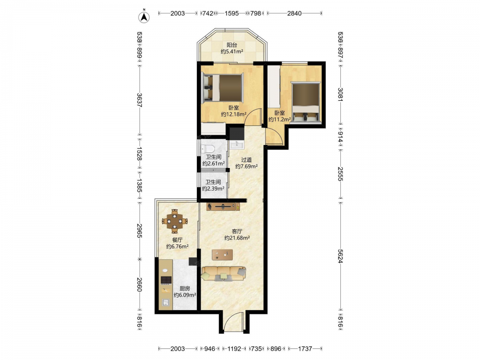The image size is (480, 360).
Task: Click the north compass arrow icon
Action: click(x=144, y=17)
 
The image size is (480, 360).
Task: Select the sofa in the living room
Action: click(x=224, y=274)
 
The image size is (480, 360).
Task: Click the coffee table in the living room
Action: click(x=222, y=255)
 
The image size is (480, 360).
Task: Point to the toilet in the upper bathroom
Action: click(x=208, y=149)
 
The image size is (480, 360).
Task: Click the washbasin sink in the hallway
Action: click(x=236, y=145)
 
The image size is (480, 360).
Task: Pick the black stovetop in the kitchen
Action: click(x=166, y=280)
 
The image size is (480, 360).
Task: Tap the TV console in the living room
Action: click(x=223, y=207)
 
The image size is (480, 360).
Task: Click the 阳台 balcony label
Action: click(x=232, y=45)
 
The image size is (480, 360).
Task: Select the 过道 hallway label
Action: click(x=246, y=160)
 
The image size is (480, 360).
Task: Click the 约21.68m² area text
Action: click(x=237, y=238)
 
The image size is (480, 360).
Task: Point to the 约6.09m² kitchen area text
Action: click(x=185, y=295)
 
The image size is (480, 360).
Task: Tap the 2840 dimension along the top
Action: click(x=294, y=13)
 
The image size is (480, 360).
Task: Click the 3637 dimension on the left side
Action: click(x=139, y=100)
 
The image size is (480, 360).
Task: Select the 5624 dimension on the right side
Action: click(x=340, y=256)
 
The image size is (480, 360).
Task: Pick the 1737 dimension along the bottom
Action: click(x=305, y=348)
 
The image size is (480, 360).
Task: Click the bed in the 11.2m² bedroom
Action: click(x=305, y=102)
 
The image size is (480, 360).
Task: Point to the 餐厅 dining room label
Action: click(x=177, y=240)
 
